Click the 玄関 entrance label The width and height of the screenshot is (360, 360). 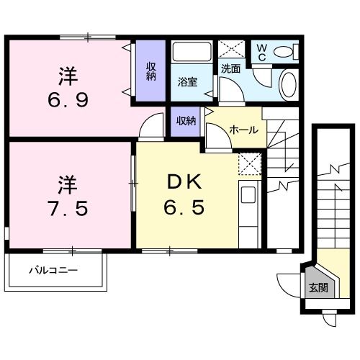(318, 287)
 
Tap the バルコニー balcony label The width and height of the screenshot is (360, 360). (53, 271)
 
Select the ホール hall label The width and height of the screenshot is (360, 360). (243, 130)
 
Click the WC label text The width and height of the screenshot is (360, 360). (261, 53)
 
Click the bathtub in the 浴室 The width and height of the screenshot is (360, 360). (192, 52)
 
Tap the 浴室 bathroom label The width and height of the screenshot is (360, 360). (187, 81)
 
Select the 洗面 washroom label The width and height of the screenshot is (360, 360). (230, 69)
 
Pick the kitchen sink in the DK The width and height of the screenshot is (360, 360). (248, 194)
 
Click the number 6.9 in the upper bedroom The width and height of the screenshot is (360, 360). (68, 100)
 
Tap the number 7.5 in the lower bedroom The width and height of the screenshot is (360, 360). (68, 208)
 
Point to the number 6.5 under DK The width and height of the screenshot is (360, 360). (184, 207)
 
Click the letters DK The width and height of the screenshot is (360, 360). (184, 182)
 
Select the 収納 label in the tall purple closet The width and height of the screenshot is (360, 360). (151, 71)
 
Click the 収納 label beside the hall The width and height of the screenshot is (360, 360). (186, 121)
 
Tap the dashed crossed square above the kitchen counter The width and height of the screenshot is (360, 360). (250, 164)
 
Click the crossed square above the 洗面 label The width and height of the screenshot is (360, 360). (232, 49)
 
